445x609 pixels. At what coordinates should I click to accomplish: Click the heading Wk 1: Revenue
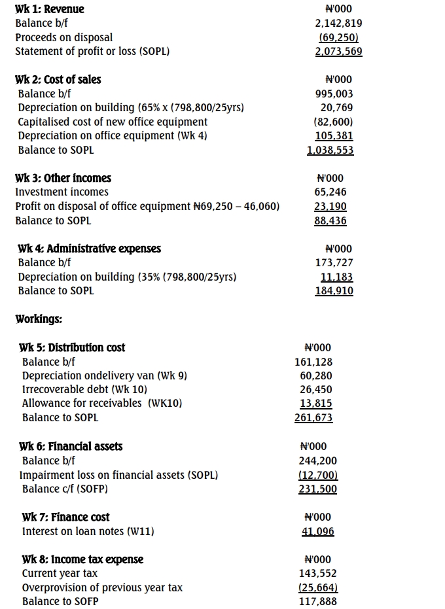pos(50,9)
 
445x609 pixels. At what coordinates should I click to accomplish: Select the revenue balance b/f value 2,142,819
pos(338,24)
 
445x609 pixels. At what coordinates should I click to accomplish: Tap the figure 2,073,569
pos(338,52)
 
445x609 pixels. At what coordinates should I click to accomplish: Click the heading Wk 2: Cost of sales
pos(58,80)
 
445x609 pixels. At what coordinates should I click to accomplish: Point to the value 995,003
pos(334,94)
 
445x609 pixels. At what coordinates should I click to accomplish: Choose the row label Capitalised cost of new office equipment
pos(113,122)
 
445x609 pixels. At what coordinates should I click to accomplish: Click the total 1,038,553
pos(330,150)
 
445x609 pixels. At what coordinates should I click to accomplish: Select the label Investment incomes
pos(62,192)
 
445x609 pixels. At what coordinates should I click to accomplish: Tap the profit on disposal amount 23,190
pos(330,207)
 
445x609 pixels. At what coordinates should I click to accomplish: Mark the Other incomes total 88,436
pos(330,221)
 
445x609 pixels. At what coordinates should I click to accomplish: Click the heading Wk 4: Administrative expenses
pos(89,249)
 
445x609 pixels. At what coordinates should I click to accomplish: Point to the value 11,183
pos(334,277)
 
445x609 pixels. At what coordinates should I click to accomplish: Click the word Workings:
pos(39,319)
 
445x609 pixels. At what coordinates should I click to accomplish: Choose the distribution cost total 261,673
pos(313,418)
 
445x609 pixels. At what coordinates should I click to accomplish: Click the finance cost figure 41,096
pos(317,532)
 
